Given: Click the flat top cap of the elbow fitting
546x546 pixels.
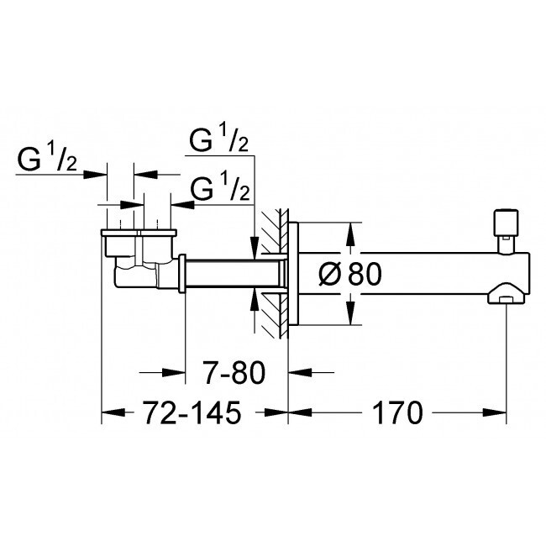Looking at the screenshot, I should pyautogui.click(x=139, y=233).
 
